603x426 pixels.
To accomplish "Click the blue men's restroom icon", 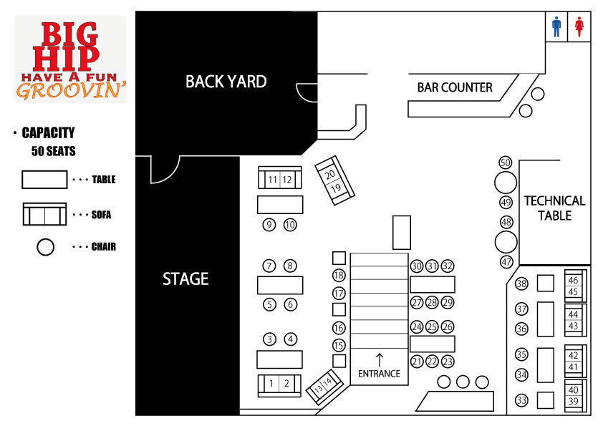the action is pos(556,27).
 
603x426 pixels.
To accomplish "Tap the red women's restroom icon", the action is pos(579,27).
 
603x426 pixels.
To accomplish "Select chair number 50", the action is pos(506,163).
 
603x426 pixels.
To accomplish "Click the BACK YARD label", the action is pos(226,82).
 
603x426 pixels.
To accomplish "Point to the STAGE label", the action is pos(185,279).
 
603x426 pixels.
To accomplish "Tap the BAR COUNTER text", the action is pos(455,87).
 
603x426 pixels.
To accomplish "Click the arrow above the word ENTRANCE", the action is pos(380,360).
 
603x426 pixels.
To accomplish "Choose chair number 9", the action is pos(269,225).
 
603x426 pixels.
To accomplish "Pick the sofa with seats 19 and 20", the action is pos(334,180).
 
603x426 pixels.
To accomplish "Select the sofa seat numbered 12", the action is pos(287,180).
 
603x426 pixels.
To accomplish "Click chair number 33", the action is pos(521,400).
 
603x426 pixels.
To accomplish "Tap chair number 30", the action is pos(417,266).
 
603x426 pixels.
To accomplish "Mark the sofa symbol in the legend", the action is pos(44,214).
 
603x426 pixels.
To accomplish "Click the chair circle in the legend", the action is pos(45,247).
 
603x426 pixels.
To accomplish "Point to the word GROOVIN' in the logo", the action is pos(72,91).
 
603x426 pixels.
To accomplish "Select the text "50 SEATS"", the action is pos(54,151).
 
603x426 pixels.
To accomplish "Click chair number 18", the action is pos(339,275).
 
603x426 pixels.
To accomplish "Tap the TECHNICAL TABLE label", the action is pos(554,208).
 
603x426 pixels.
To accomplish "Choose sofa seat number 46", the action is pos(573,280).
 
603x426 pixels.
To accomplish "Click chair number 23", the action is pos(448,362).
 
